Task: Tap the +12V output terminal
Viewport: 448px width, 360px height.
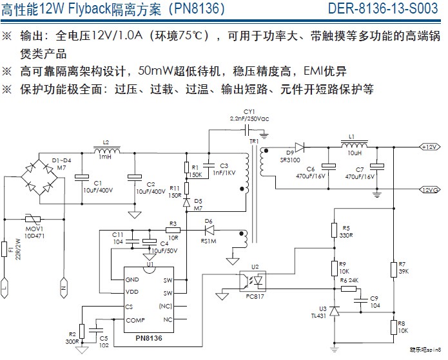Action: tap(431, 147)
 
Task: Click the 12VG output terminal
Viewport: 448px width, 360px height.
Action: tap(431, 189)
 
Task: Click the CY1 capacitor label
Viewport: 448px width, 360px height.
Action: tap(249, 112)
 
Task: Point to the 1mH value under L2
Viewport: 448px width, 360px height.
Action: tap(105, 157)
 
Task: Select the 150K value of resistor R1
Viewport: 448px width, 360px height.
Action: tap(196, 174)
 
